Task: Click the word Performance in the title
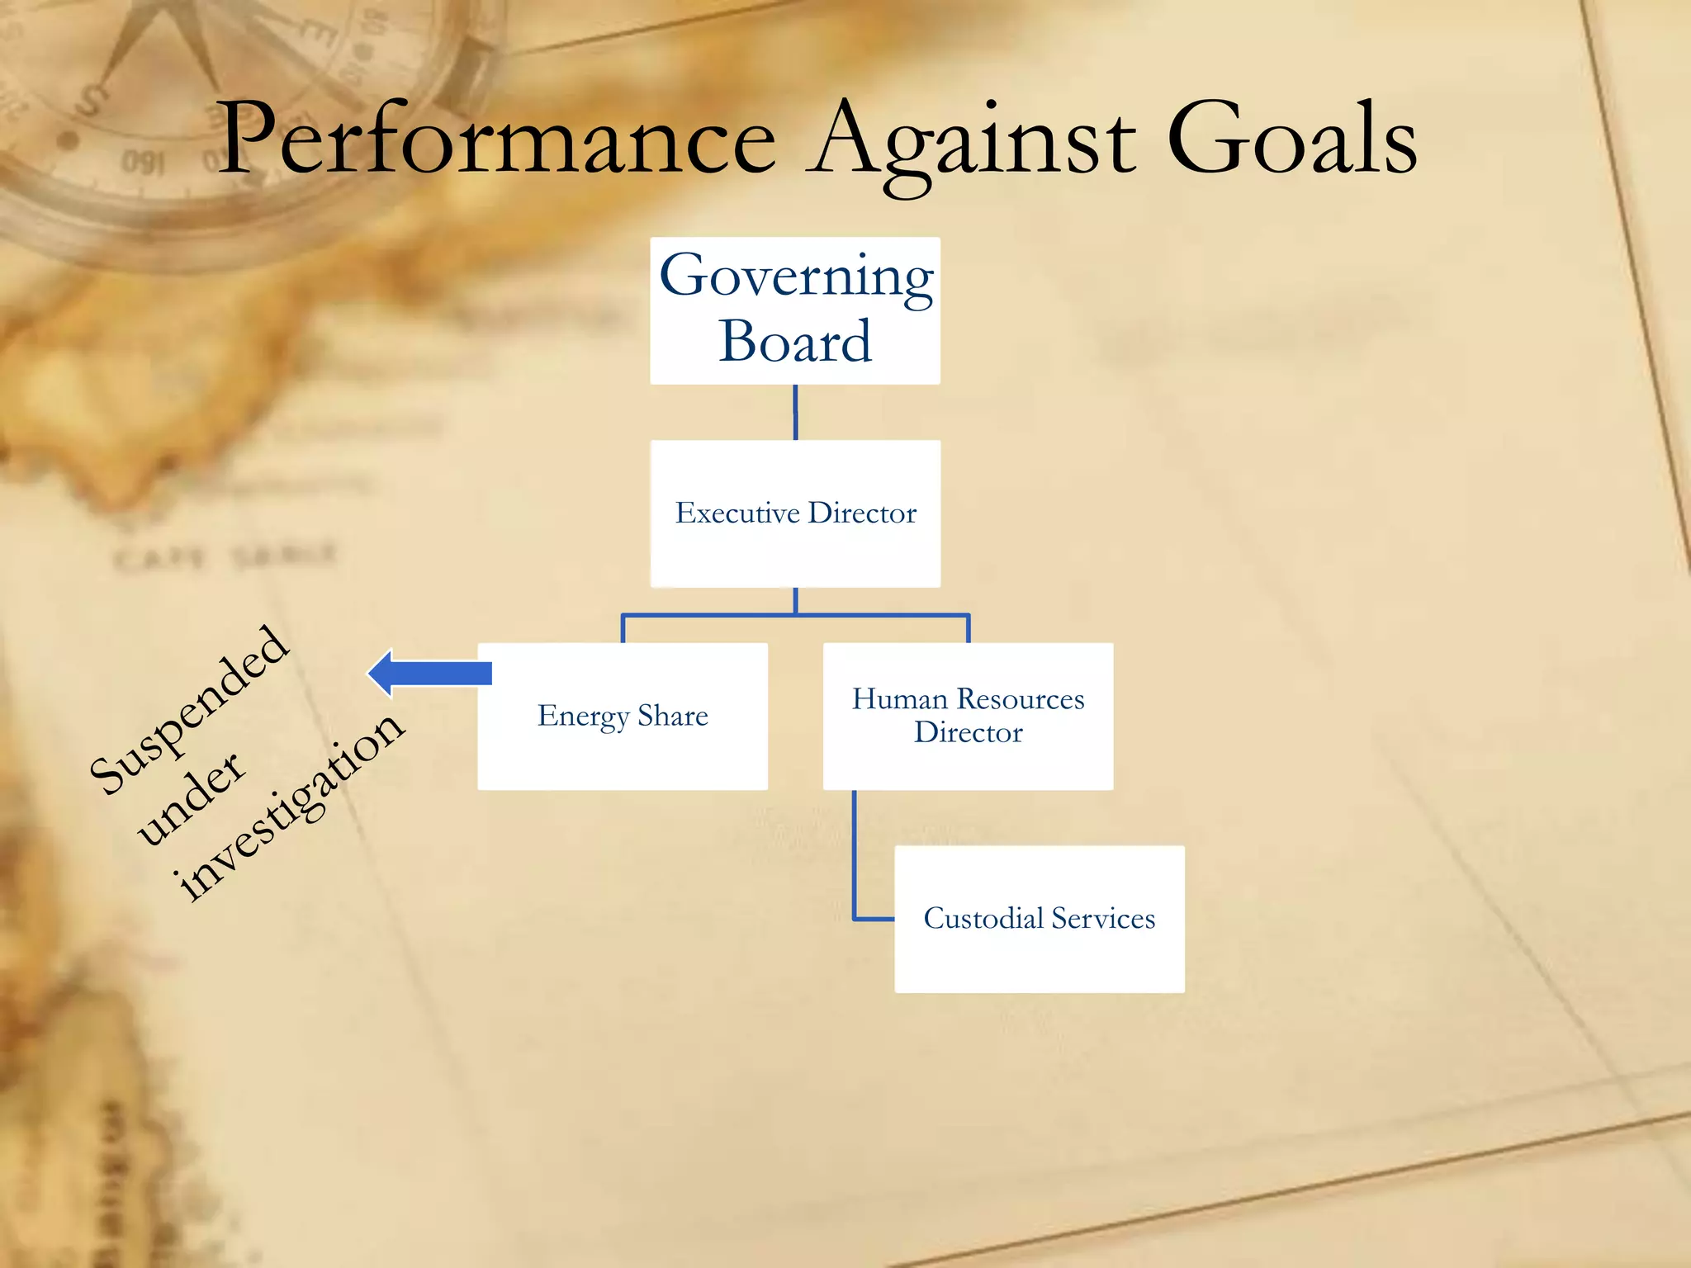point(495,140)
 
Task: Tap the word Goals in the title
point(1292,140)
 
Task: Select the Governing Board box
point(794,310)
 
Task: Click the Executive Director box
point(794,513)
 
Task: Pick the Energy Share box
point(623,717)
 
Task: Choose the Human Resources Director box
point(968,717)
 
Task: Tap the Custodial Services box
point(1039,919)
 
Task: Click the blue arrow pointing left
point(429,674)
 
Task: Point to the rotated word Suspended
point(190,710)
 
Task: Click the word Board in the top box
point(794,342)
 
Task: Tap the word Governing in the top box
point(796,277)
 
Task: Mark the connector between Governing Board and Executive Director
point(795,412)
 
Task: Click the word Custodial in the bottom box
point(983,919)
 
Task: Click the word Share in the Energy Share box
point(672,716)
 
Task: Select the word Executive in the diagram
point(737,513)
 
